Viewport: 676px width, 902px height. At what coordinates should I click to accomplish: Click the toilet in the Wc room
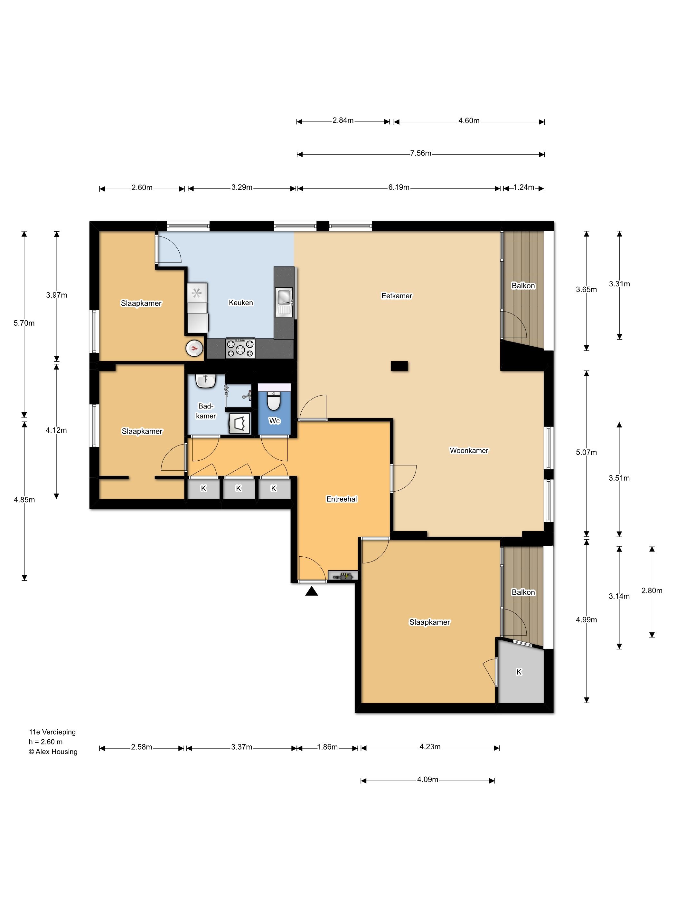273,401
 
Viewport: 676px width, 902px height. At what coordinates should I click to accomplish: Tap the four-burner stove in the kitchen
240,348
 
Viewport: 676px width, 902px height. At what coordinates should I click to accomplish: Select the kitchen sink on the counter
284,302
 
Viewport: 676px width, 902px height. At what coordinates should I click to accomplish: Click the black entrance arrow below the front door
311,591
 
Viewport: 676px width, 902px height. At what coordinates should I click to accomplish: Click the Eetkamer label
397,296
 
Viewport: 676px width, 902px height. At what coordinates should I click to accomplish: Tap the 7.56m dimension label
420,153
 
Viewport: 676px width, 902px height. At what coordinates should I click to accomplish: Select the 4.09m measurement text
427,779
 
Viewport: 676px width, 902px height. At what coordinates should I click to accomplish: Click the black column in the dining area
399,366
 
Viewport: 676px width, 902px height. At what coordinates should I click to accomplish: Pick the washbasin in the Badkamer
206,381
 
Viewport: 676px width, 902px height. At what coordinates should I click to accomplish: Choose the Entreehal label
342,499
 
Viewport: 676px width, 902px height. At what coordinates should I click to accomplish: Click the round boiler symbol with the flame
194,348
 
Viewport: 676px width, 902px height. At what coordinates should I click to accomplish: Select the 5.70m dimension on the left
24,323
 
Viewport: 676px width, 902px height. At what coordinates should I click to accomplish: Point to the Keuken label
241,302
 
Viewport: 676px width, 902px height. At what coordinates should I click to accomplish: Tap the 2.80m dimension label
652,590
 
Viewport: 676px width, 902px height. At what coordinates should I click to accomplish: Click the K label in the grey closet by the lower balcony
519,672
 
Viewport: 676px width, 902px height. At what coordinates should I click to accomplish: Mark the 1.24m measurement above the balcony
524,187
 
